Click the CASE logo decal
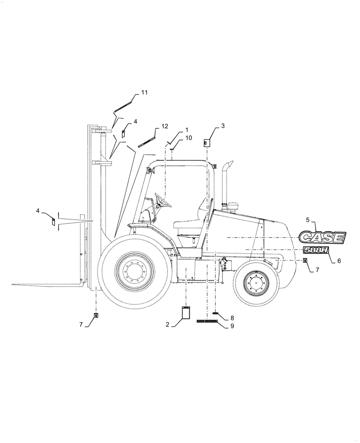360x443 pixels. (x=322, y=237)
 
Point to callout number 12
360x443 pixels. (x=165, y=126)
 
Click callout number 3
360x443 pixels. (x=223, y=126)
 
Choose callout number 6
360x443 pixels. (x=339, y=261)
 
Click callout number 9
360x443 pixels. (x=232, y=326)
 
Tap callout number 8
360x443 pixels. (x=231, y=318)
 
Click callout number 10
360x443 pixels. (x=188, y=138)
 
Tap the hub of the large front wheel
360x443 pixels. (x=134, y=271)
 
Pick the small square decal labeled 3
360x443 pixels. (x=207, y=142)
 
